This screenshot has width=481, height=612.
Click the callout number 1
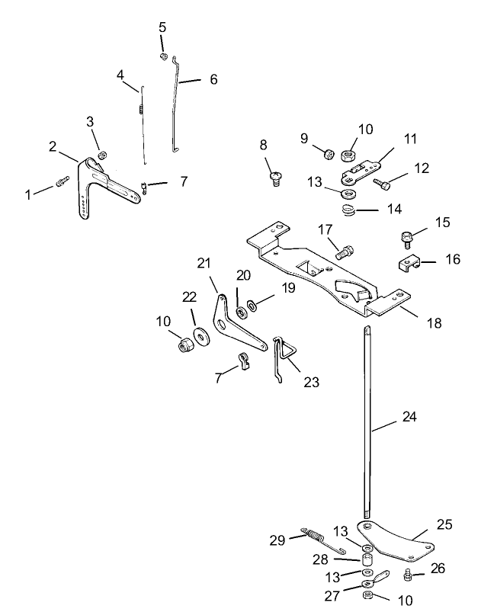pos(28,194)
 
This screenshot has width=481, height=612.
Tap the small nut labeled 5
pos(163,56)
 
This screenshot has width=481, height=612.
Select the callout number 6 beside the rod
pos(213,79)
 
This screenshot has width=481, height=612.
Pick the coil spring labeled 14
pos(348,210)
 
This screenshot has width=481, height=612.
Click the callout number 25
pos(444,524)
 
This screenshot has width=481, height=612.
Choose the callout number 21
pos(203,264)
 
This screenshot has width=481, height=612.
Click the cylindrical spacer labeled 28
pos(367,563)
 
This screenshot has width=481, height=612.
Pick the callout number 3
pos(90,121)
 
